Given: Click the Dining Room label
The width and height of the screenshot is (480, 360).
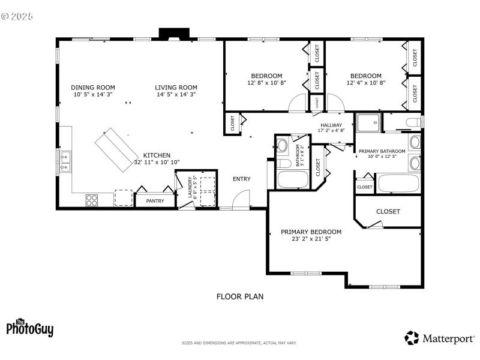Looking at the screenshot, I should [93, 87].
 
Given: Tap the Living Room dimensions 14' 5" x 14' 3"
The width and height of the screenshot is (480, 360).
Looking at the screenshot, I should [176, 94].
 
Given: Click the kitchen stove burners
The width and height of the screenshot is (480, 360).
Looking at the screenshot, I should [92, 200].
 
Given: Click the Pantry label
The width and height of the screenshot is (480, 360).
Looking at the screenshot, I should [155, 201].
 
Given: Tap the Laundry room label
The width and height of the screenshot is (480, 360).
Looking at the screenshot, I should [190, 187].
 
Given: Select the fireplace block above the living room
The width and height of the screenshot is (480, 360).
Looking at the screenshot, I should [174, 34].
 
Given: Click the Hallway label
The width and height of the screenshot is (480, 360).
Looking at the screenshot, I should [331, 125].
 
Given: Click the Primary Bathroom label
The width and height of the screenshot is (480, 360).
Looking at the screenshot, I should [382, 151].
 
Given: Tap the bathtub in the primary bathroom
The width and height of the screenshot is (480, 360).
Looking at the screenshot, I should [397, 183].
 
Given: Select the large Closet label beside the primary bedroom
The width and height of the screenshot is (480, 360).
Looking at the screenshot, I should [388, 212].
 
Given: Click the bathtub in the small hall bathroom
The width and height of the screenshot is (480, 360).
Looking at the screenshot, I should [292, 179].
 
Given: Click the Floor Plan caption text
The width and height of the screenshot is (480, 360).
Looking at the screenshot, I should [239, 296].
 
